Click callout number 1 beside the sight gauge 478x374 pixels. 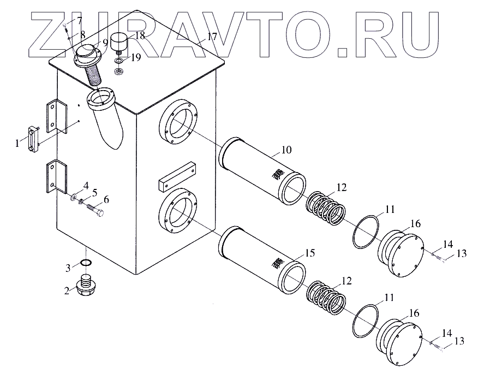click(x=18, y=143)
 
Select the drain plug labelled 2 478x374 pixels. click(x=85, y=287)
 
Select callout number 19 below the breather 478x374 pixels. click(x=135, y=57)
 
